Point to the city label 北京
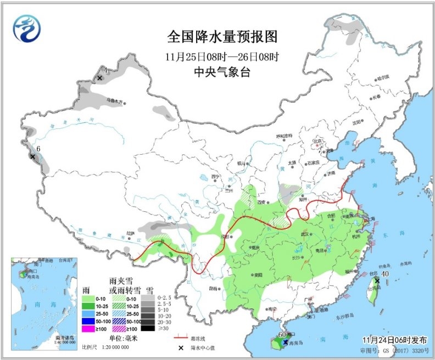[316, 140]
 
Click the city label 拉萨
[130, 233]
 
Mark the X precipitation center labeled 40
[377, 280]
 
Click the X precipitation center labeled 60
[286, 342]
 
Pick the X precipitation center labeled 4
[99, 78]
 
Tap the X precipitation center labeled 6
[32, 157]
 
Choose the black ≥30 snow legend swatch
[147, 328]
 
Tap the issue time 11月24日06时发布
[394, 340]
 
